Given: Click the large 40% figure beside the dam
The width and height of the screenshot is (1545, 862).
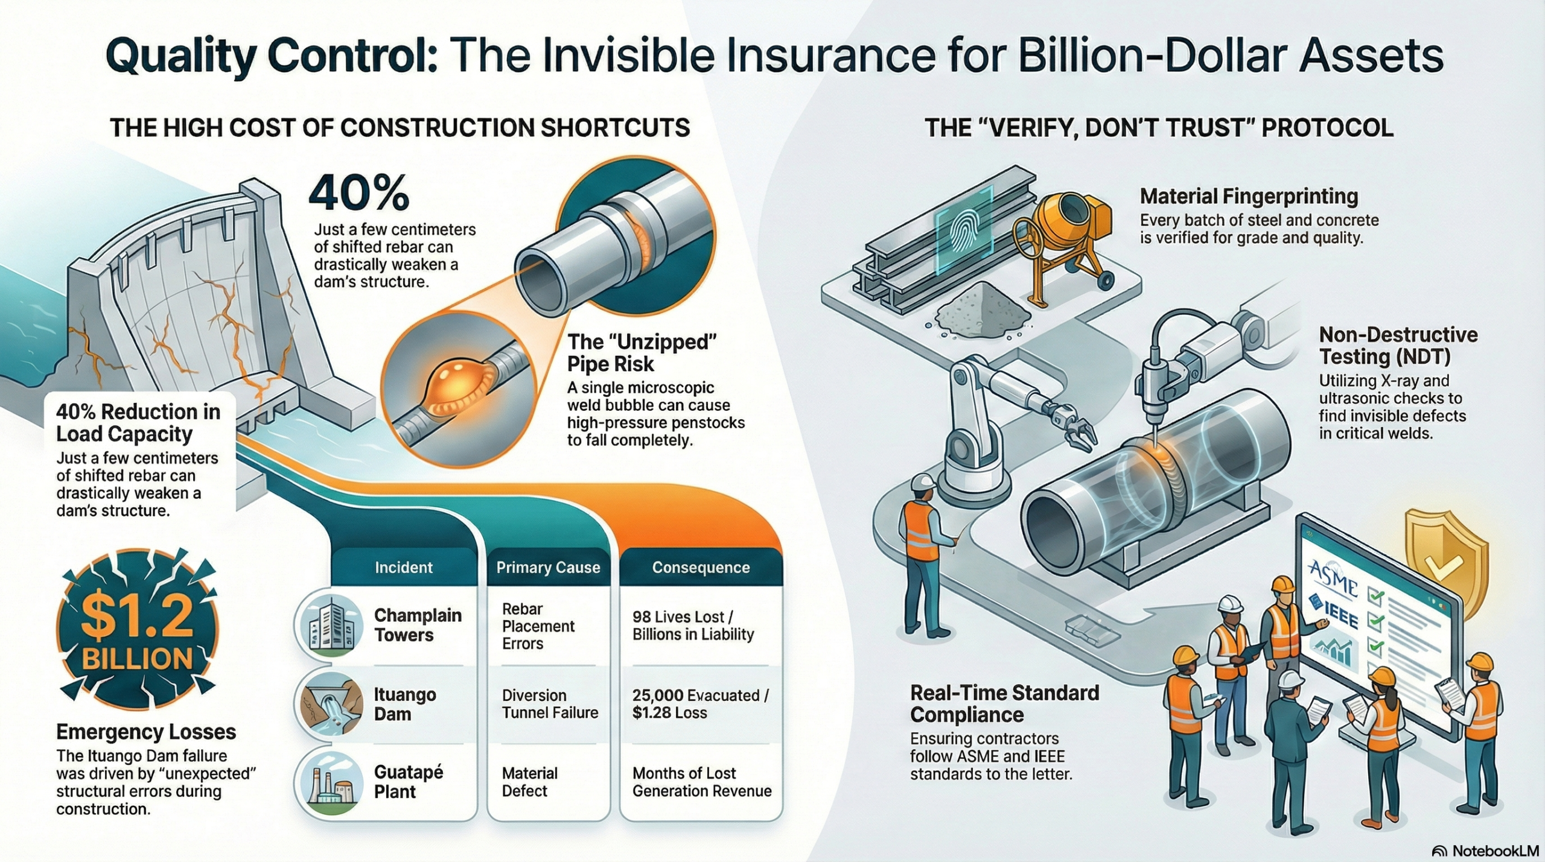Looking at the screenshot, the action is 359,193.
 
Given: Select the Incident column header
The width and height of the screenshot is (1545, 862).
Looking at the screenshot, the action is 404,568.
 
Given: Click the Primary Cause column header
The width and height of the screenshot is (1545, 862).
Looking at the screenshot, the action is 549,568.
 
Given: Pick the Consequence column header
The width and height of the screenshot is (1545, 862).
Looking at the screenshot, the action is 701,568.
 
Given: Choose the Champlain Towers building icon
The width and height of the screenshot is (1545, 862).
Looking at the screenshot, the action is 329,625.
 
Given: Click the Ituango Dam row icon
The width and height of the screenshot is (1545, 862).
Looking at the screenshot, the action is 329,704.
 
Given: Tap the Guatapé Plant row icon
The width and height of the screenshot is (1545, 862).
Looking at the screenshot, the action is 329,782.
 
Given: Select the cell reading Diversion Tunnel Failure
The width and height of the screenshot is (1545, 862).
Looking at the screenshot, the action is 550,704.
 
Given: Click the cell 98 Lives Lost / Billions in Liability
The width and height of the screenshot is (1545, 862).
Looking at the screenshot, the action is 693,626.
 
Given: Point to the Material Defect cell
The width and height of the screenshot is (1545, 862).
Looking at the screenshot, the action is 529,782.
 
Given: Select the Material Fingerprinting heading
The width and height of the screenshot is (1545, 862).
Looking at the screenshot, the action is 1249,197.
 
